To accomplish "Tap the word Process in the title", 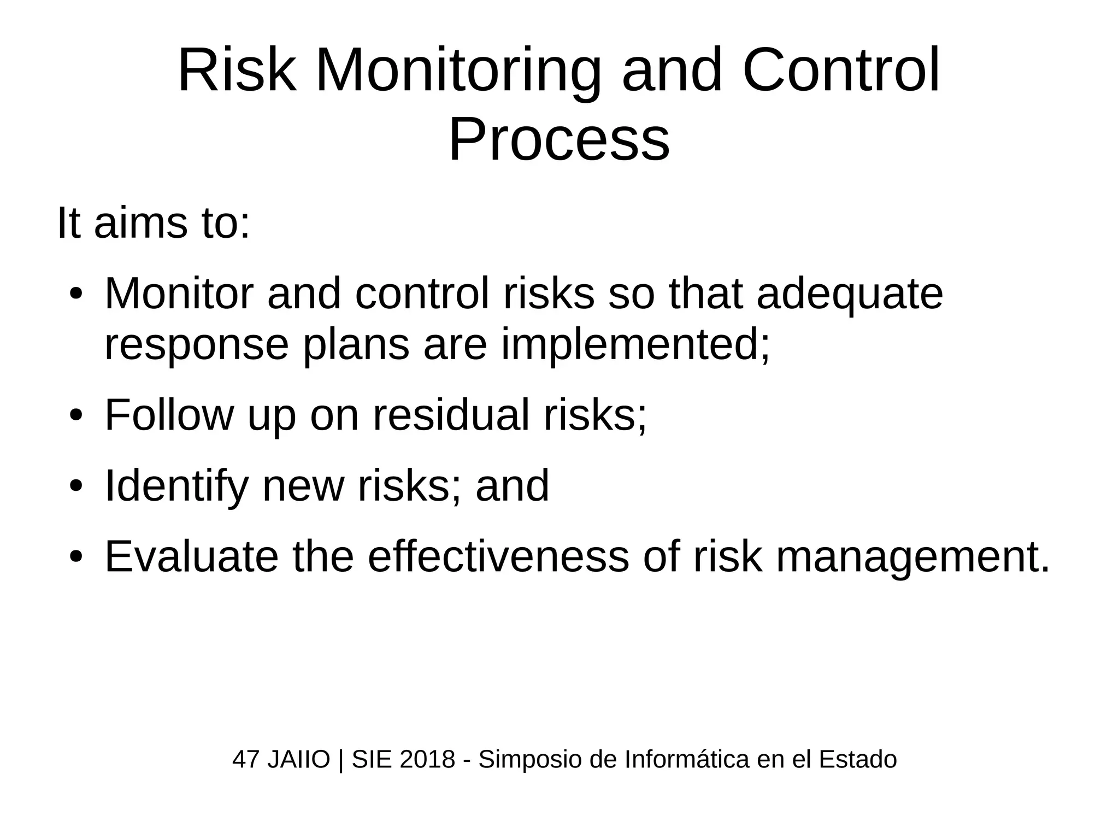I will (x=558, y=141).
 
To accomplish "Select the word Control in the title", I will (x=841, y=72).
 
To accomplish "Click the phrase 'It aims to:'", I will (x=154, y=223).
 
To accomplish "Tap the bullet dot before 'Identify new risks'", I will (x=75, y=486).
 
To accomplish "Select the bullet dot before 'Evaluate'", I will (x=75, y=557).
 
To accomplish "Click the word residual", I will (x=451, y=415).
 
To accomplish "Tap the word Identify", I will (x=176, y=486).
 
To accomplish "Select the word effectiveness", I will (x=498, y=556).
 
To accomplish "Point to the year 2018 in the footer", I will (x=427, y=759).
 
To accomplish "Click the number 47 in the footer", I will (x=245, y=760).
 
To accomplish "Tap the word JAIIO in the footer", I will (x=298, y=760).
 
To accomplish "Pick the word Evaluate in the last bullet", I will (x=191, y=556).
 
